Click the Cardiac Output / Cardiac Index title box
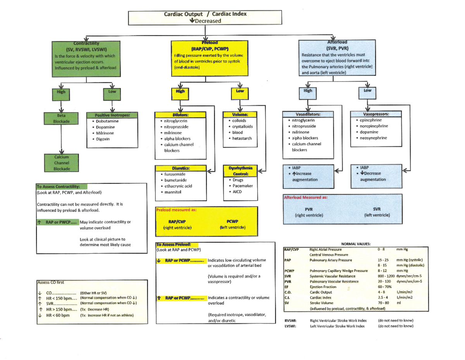(205, 17)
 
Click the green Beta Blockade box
(61, 118)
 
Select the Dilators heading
(179, 115)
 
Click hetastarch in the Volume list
(242, 138)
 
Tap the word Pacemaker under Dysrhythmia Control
(243, 186)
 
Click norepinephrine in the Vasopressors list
(374, 126)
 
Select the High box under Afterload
(308, 91)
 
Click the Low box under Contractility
(112, 92)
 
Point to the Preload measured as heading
(176, 210)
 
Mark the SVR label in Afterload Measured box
(377, 209)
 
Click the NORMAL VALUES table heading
(355, 243)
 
